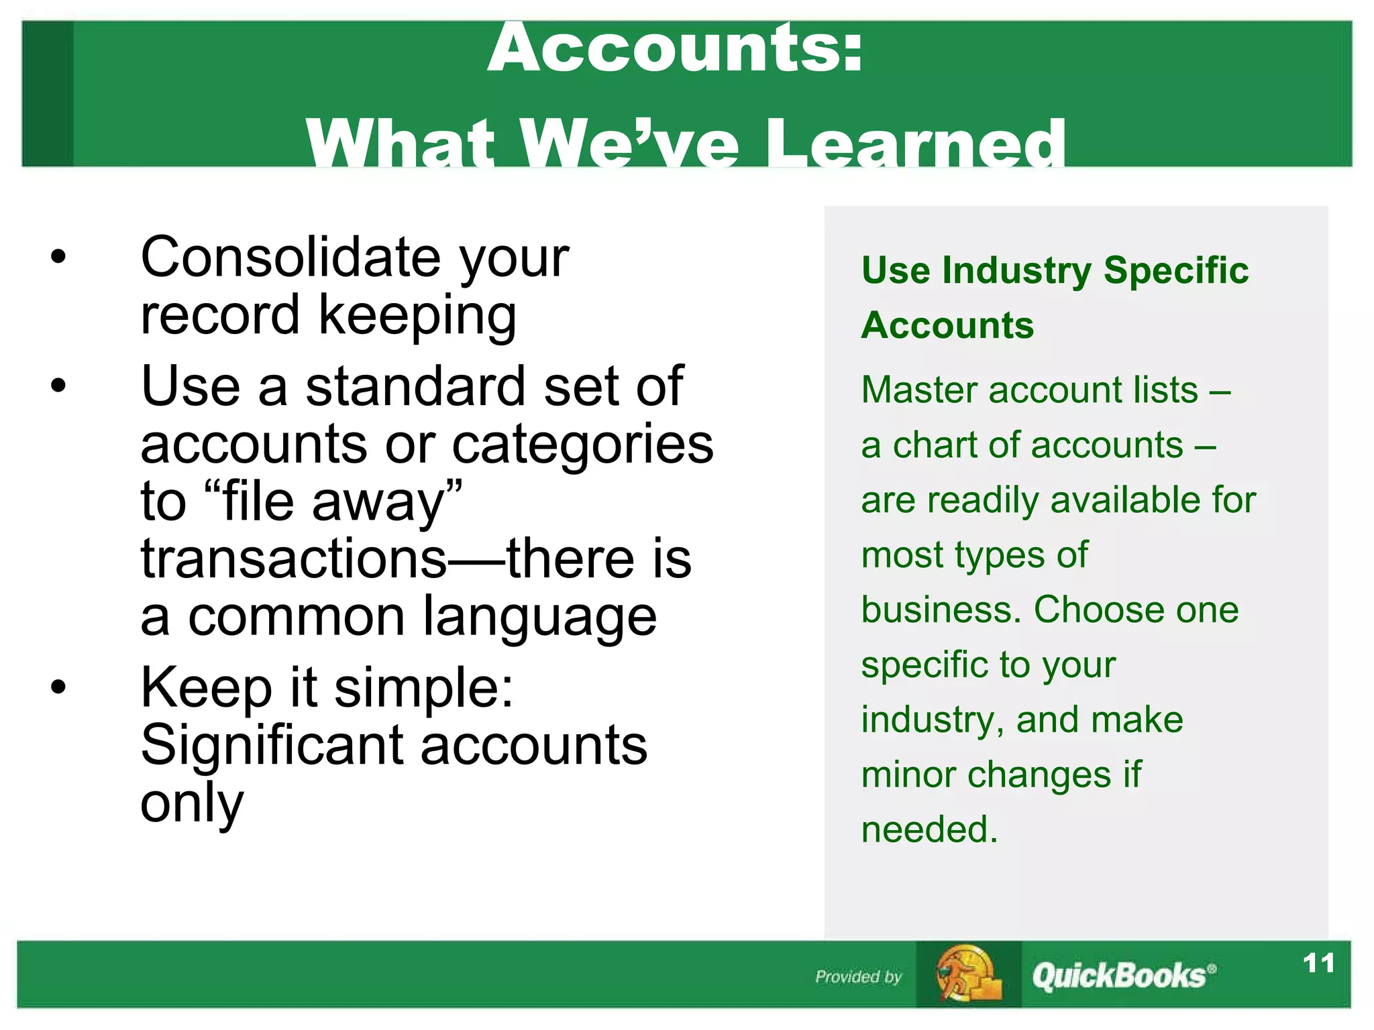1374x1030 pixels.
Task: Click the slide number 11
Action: click(x=1318, y=964)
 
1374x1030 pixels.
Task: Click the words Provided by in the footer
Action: click(x=858, y=977)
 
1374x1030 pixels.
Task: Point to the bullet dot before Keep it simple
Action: click(x=59, y=687)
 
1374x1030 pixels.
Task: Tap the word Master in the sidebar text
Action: click(x=918, y=390)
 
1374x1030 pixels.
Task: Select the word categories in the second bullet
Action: click(x=582, y=445)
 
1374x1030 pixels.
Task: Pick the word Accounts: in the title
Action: click(x=675, y=48)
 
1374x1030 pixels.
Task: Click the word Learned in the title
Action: click(x=915, y=144)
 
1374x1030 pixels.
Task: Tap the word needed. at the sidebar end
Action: click(x=929, y=829)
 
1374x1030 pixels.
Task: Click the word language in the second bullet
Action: click(x=539, y=617)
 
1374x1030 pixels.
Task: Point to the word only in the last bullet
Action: click(x=191, y=803)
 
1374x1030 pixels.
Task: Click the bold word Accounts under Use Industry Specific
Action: click(x=947, y=326)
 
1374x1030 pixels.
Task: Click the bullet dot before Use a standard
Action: click(x=59, y=386)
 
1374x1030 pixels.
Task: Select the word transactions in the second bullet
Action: click(x=293, y=559)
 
